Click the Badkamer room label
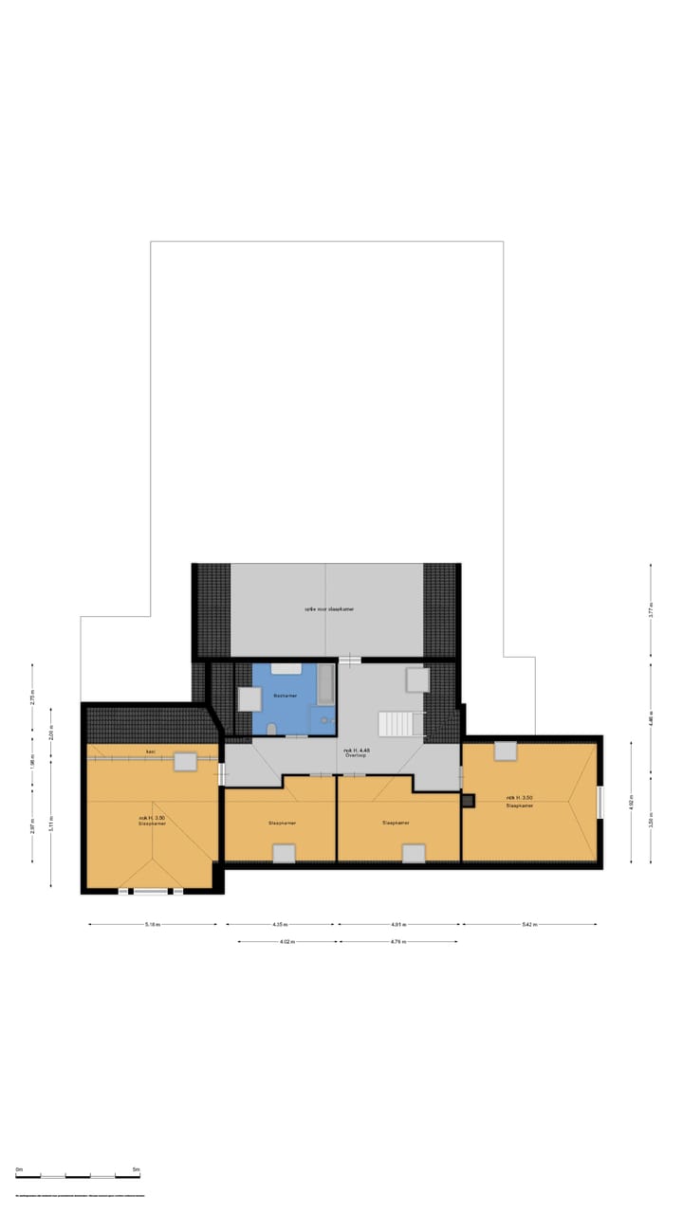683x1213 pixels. (x=286, y=697)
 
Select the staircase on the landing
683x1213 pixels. (x=397, y=724)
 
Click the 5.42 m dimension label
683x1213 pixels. (x=528, y=924)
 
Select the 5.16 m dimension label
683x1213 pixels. (x=152, y=924)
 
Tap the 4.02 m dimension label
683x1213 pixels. (x=286, y=942)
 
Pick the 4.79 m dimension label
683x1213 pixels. (x=397, y=942)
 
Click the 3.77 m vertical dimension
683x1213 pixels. (x=651, y=611)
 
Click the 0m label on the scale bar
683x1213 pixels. (x=18, y=1170)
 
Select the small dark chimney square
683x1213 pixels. (x=468, y=801)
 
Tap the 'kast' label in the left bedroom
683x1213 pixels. (x=150, y=751)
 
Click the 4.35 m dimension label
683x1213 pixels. (x=279, y=924)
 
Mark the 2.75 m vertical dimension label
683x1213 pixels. (x=32, y=697)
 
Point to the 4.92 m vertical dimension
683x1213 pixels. (x=632, y=806)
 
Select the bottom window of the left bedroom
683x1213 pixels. (x=150, y=891)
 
